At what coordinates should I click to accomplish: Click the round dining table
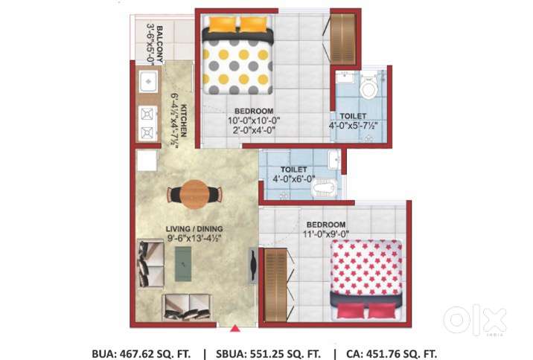pyautogui.click(x=194, y=194)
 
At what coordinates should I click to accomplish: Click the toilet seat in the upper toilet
pyautogui.click(x=368, y=89)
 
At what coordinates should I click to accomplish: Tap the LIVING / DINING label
pyautogui.click(x=194, y=228)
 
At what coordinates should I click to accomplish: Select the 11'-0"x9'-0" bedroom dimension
pyautogui.click(x=325, y=234)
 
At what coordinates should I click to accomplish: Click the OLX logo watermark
pyautogui.click(x=474, y=321)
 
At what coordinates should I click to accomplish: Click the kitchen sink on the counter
pyautogui.click(x=147, y=79)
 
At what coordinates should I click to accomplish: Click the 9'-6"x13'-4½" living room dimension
pyautogui.click(x=194, y=240)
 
